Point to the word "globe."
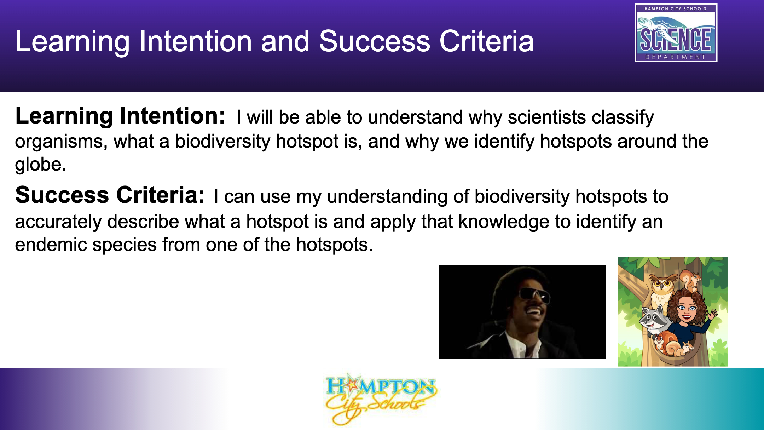click(x=41, y=165)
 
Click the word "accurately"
click(x=58, y=222)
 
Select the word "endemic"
click(x=51, y=245)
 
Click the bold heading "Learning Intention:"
click(x=120, y=116)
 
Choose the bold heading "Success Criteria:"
click(x=110, y=195)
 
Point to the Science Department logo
click(x=676, y=33)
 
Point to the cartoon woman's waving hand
click(x=713, y=314)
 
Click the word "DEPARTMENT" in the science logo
click(x=676, y=57)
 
